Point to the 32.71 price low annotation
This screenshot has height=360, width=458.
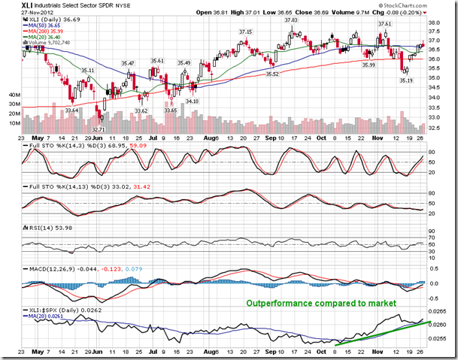98,129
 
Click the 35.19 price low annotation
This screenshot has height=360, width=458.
405,80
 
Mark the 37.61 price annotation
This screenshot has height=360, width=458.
384,24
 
